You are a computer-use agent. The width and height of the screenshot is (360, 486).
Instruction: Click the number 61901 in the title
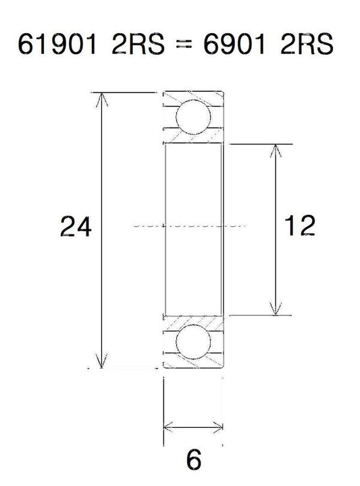coord(57,44)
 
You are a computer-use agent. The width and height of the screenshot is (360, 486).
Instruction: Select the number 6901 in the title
coord(234,44)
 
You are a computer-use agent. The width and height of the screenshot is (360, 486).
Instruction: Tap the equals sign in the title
coord(184,45)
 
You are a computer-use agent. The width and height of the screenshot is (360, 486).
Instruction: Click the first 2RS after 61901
coord(138,44)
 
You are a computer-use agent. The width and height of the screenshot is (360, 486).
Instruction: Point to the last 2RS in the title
coord(307,44)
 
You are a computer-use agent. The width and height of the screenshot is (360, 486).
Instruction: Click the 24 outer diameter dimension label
coord(76,227)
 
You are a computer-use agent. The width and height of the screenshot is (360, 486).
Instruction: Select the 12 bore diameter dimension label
coord(299,225)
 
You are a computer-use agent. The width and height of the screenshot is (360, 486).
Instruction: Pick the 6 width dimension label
coord(194,460)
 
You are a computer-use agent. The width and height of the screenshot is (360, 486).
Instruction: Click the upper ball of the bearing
coord(193,117)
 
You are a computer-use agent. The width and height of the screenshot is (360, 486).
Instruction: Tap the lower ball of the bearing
coord(193,342)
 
